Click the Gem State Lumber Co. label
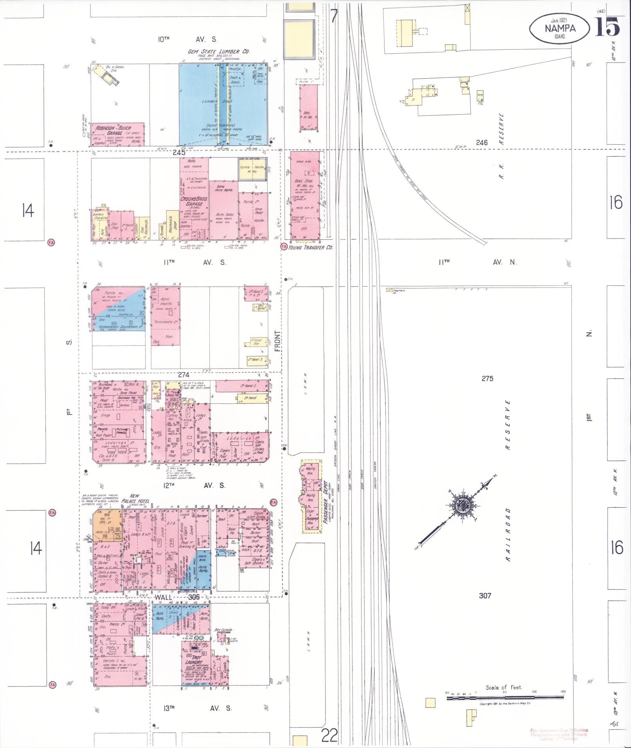pyautogui.click(x=219, y=52)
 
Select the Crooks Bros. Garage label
pyautogui.click(x=194, y=201)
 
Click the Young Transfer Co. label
pyautogui.click(x=310, y=247)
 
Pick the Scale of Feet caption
pyautogui.click(x=504, y=687)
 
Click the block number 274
pyautogui.click(x=183, y=375)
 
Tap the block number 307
pyautogui.click(x=485, y=596)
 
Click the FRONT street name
pyautogui.click(x=277, y=340)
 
